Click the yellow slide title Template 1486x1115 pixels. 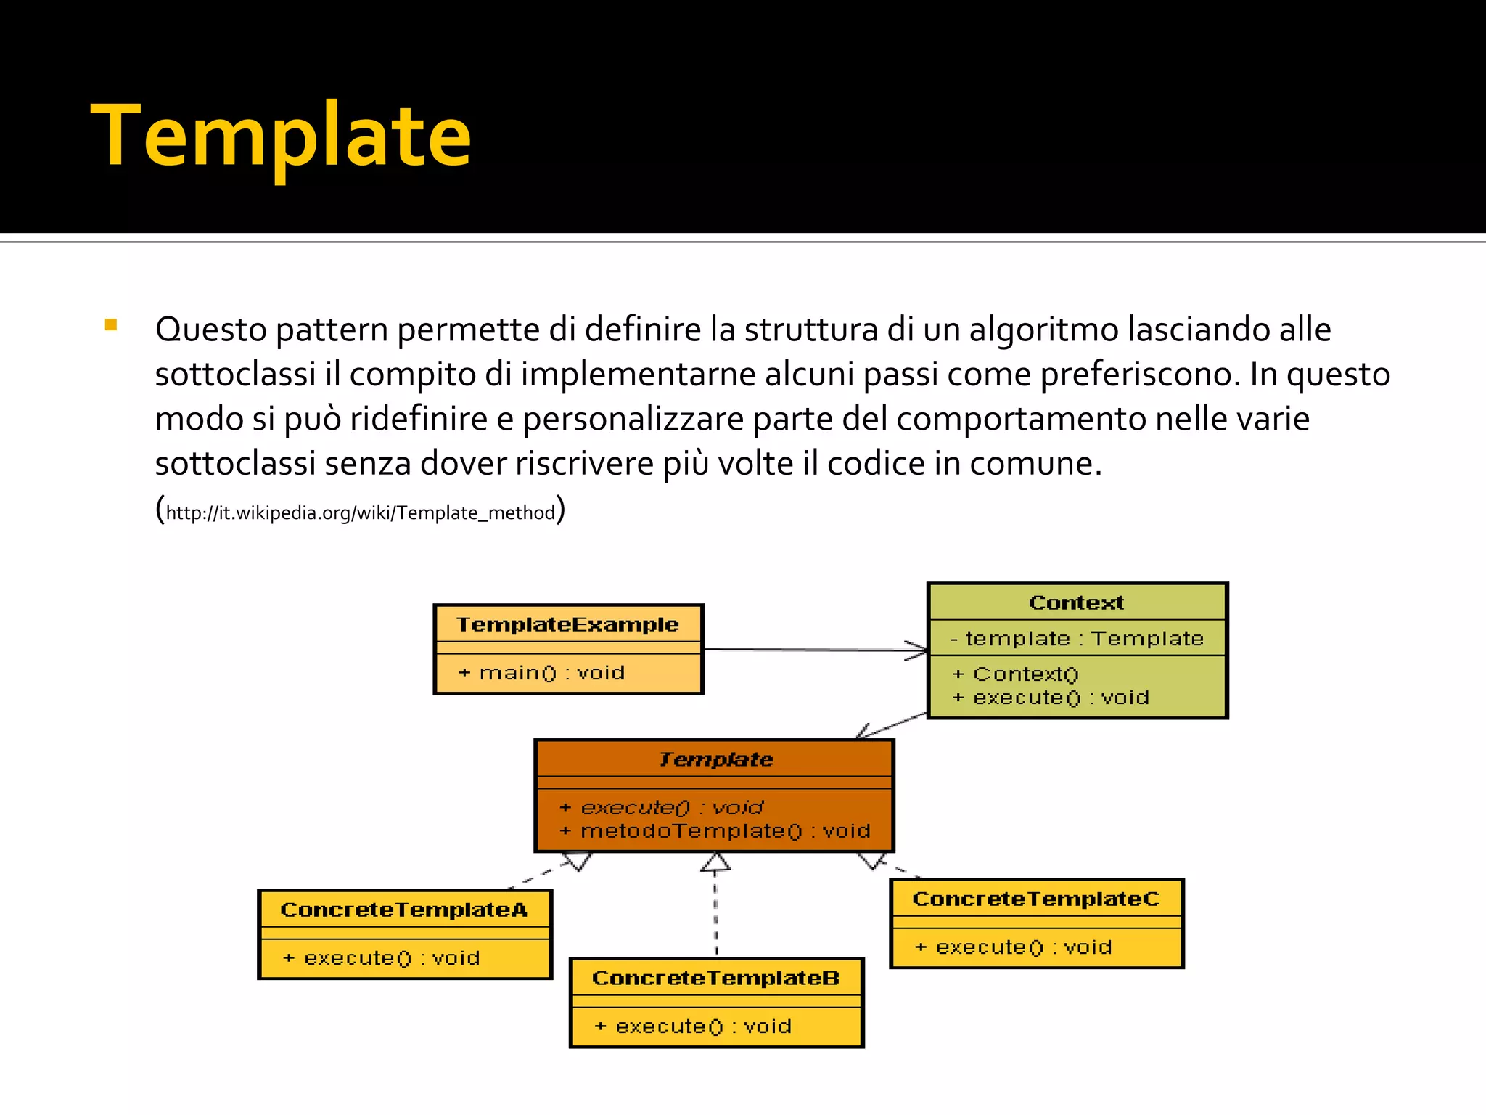click(282, 136)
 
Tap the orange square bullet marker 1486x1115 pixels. click(111, 325)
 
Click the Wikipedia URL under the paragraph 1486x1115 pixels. click(361, 512)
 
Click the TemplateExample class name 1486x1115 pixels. click(567, 624)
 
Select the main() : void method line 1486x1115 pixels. click(542, 673)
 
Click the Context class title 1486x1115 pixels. click(1076, 603)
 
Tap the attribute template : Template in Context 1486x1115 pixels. click(1077, 639)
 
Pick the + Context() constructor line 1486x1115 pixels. click(1016, 674)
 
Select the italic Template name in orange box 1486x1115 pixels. click(715, 759)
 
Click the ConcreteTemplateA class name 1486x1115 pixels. click(403, 910)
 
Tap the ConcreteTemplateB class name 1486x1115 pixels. click(715, 978)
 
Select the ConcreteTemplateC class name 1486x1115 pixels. click(1035, 899)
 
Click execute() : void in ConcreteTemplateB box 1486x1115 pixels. click(694, 1026)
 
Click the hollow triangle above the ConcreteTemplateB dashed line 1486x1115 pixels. click(715, 862)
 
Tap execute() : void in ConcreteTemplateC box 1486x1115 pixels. click(1014, 947)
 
